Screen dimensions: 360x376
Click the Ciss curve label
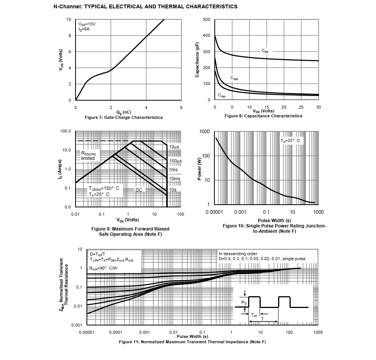[x=265, y=51]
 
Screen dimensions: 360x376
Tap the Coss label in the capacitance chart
[x=234, y=78]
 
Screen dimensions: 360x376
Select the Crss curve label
[x=221, y=95]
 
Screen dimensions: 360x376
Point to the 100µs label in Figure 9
[x=175, y=161]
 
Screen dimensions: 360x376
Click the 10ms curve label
[x=175, y=178]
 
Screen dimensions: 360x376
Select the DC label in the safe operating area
[x=139, y=190]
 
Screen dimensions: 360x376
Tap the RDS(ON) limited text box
[x=90, y=155]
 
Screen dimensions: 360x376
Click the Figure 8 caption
[x=263, y=116]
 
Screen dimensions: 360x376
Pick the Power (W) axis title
[x=200, y=169]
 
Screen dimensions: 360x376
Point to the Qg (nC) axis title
[x=124, y=112]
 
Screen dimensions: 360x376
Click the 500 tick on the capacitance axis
[x=206, y=20]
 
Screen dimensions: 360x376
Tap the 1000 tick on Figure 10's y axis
[x=205, y=132]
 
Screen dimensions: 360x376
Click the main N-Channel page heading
[x=146, y=6]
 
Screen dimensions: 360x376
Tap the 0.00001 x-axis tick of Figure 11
[x=87, y=332]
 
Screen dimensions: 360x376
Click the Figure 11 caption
[x=192, y=342]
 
